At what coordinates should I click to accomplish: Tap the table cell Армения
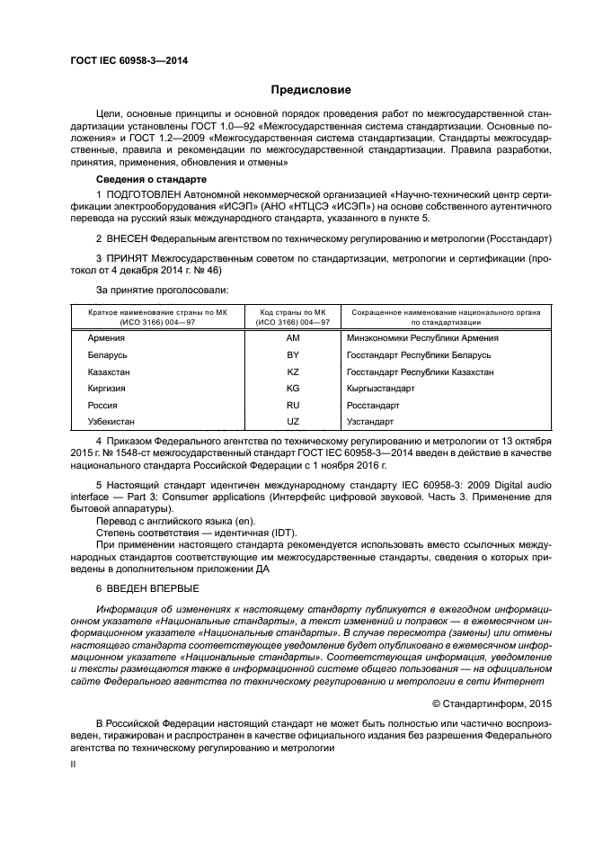point(105,338)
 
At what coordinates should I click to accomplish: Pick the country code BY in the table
point(292,355)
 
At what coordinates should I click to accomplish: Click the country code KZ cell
point(292,372)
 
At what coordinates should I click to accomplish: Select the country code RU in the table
point(292,405)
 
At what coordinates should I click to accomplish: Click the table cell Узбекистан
point(111,422)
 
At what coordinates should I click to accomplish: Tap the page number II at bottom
point(75,762)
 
